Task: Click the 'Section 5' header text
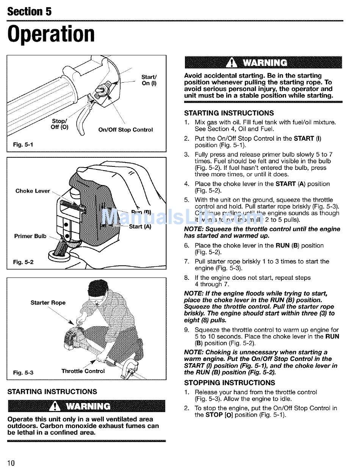click(x=29, y=11)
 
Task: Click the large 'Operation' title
click(x=51, y=34)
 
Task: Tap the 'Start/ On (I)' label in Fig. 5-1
click(x=149, y=80)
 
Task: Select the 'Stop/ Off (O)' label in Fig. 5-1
click(x=59, y=124)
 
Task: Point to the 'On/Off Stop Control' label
click(x=125, y=130)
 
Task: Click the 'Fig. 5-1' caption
click(x=23, y=145)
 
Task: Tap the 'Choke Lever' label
click(x=33, y=191)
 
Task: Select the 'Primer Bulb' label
click(x=30, y=236)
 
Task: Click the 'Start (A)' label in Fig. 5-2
click(x=140, y=227)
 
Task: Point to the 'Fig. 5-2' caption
click(x=23, y=262)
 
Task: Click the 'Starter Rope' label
click(x=48, y=303)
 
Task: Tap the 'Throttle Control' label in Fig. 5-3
click(x=83, y=371)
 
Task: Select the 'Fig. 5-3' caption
click(x=23, y=373)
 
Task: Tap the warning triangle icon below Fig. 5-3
click(x=56, y=406)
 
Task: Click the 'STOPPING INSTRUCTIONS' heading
click(x=229, y=383)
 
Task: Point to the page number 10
click(x=11, y=463)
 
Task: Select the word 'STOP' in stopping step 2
click(x=214, y=415)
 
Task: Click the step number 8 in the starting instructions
click(x=186, y=277)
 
